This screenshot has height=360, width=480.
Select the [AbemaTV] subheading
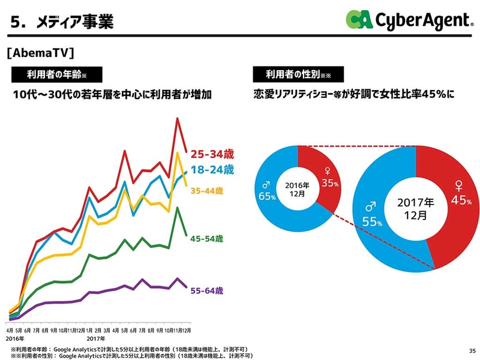pyautogui.click(x=41, y=53)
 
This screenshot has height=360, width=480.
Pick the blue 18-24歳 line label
pyautogui.click(x=212, y=170)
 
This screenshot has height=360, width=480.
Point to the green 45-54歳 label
pyautogui.click(x=207, y=239)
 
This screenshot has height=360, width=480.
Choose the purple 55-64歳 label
pyautogui.click(x=207, y=291)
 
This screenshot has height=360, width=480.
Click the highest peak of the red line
pyautogui.click(x=178, y=118)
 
